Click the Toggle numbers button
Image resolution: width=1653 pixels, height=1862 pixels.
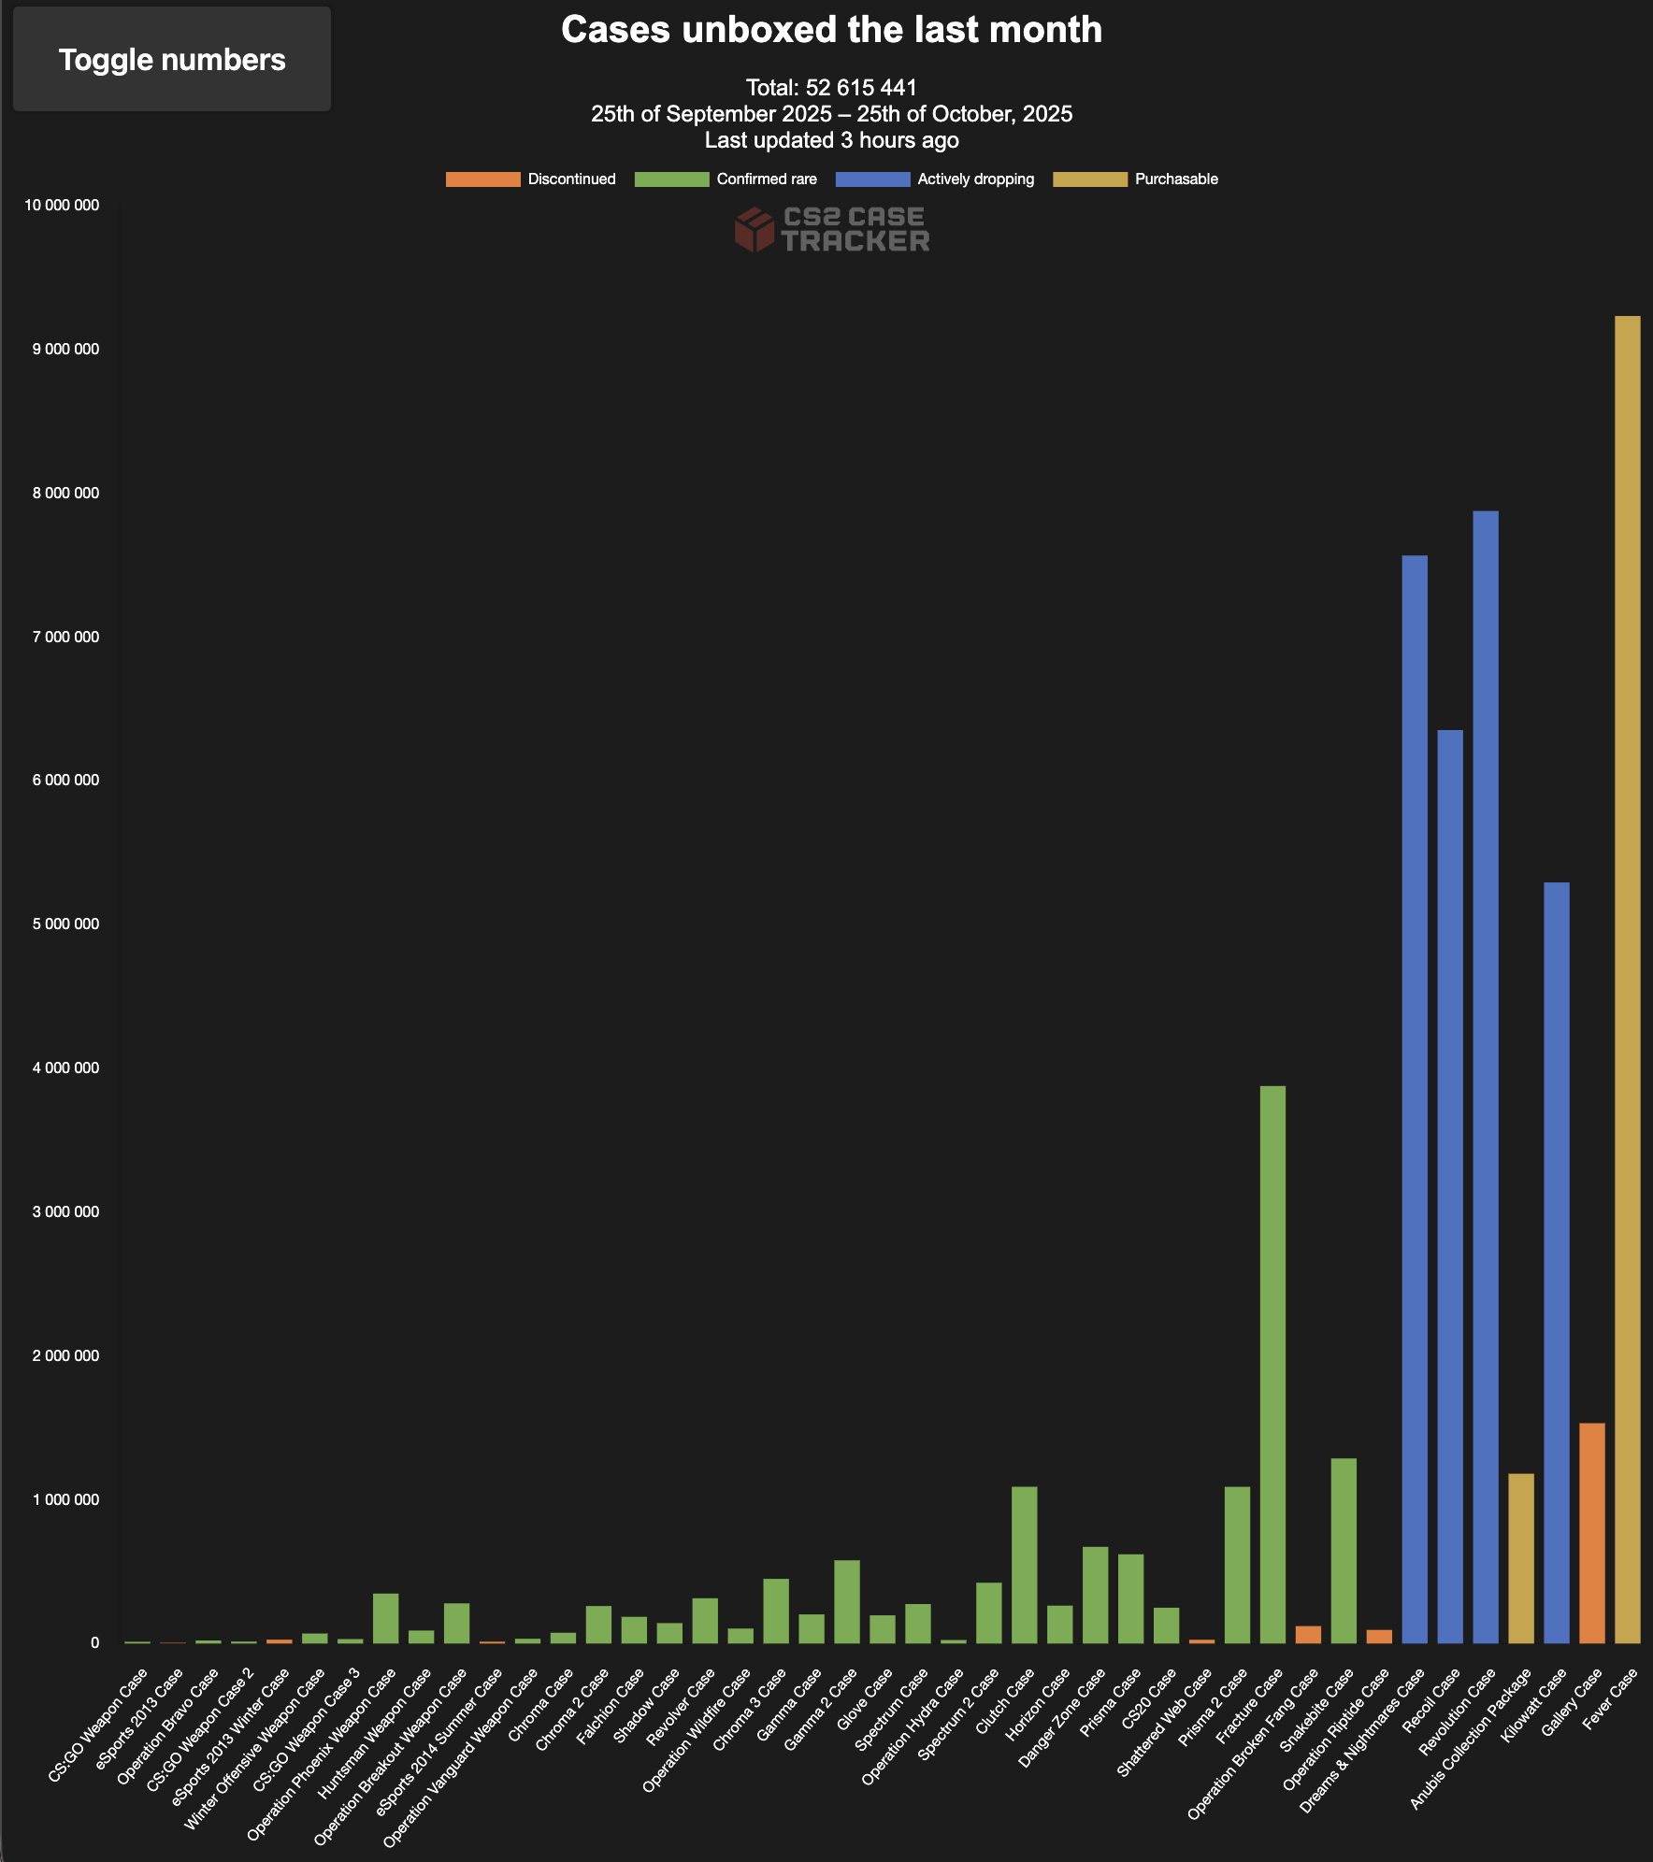172,60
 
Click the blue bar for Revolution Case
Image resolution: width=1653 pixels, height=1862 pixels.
1486,1076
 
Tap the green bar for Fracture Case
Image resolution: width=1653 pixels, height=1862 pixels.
1272,1364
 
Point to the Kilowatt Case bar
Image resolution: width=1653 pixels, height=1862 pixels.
1557,1262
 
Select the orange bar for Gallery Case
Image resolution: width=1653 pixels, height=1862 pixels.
1592,1532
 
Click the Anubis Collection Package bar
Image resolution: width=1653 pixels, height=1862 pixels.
1521,1557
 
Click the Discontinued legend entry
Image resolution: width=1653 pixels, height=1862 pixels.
531,179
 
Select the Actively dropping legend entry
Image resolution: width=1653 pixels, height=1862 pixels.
935,179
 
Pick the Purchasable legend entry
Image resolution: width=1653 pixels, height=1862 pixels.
1135,179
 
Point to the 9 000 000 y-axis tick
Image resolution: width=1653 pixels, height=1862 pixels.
65,350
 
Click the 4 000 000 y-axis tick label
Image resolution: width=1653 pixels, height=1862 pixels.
65,1068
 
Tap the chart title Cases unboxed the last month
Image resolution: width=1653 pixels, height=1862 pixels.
831,30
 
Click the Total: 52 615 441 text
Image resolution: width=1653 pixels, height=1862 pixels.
831,88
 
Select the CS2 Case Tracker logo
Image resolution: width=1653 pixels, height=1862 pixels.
831,230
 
